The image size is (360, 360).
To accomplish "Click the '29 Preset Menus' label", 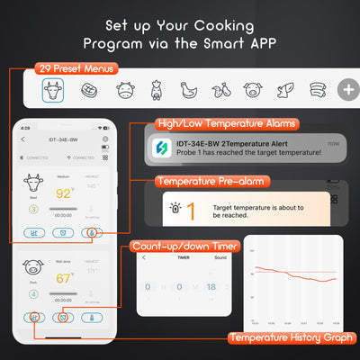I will (x=76, y=68).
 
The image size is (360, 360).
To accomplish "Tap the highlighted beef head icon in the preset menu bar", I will (x=54, y=90).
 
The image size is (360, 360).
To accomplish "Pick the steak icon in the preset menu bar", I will (x=88, y=90).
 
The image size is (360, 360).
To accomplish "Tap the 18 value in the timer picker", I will (x=211, y=287).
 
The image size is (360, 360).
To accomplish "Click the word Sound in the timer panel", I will (x=220, y=257).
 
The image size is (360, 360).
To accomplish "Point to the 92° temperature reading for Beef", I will (x=64, y=192).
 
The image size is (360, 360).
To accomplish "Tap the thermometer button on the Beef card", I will (x=89, y=231).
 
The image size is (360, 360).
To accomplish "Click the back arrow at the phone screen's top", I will (x=23, y=139).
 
